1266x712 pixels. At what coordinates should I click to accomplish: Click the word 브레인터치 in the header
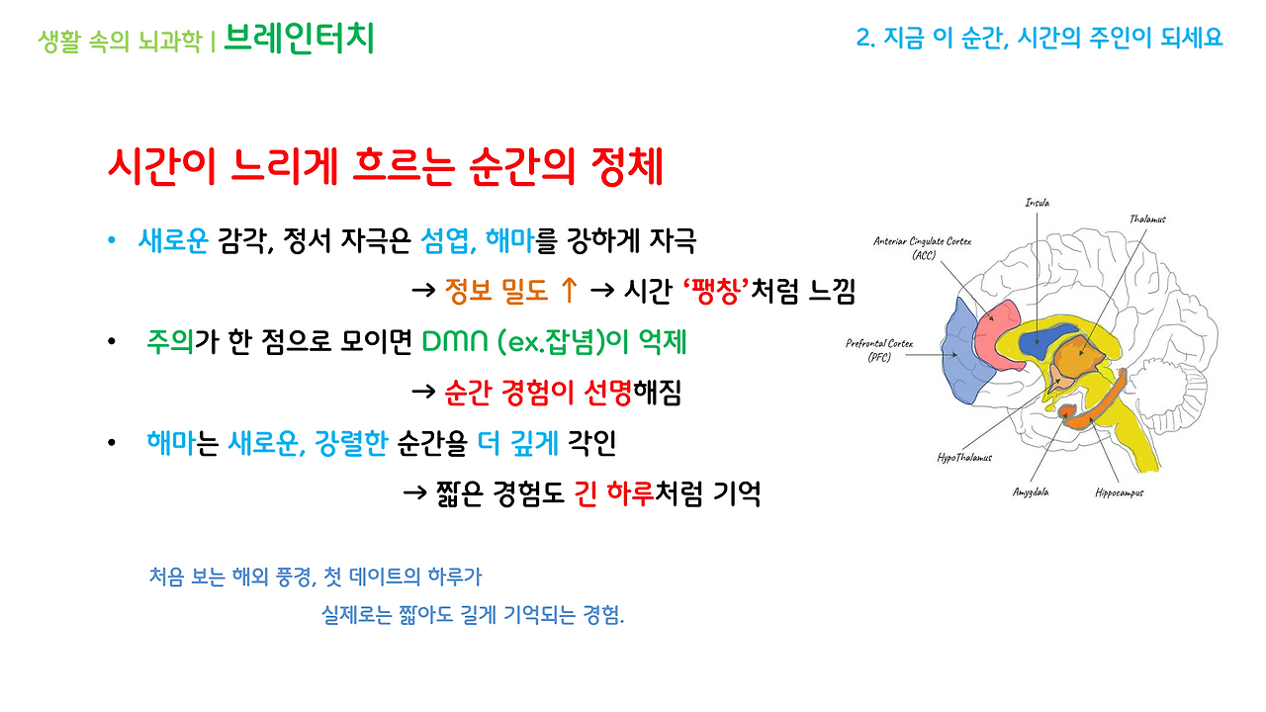coord(299,39)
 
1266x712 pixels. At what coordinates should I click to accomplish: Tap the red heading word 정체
coord(626,168)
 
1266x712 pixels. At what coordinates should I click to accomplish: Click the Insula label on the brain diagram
coord(1037,203)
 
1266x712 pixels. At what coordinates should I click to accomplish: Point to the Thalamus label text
coord(1147,219)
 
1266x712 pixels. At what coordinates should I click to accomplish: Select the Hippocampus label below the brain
coord(1119,491)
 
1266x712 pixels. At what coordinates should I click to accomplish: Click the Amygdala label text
coord(1030,491)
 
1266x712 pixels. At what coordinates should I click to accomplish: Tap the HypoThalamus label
coord(964,457)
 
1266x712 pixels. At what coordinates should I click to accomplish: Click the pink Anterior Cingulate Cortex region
coord(997,321)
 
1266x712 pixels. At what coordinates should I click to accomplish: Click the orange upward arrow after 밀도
coord(568,291)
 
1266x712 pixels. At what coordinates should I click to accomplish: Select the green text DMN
coord(455,342)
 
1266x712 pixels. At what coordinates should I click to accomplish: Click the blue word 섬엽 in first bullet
coord(444,239)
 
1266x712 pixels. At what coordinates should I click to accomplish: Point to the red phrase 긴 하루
coord(615,493)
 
